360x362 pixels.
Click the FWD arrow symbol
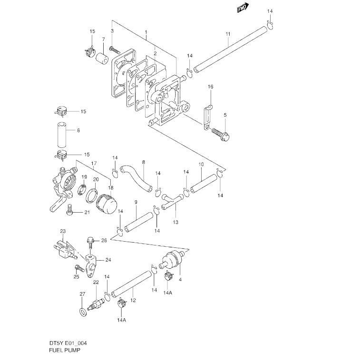point(243,8)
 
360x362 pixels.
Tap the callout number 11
point(228,34)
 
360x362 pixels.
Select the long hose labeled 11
point(230,49)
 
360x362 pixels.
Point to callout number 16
point(211,87)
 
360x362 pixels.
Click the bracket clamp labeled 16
point(207,117)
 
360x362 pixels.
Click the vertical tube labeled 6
point(62,135)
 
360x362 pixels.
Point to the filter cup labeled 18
point(107,204)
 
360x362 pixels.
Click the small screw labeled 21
point(70,210)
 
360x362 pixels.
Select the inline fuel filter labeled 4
point(172,260)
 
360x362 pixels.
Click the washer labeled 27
point(83,312)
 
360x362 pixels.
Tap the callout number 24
point(108,260)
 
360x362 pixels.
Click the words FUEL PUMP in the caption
point(65,350)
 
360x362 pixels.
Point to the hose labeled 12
point(131,284)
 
